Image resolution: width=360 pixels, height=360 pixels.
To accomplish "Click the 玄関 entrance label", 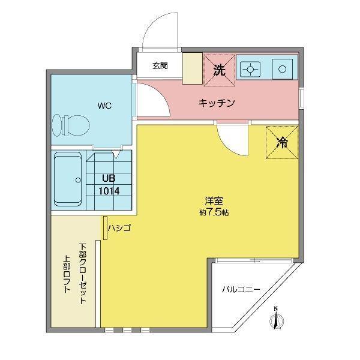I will tap(159, 65).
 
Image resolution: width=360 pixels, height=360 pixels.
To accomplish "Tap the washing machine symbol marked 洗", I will tap(218, 69).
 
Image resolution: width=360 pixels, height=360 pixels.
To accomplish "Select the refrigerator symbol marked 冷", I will tap(281, 142).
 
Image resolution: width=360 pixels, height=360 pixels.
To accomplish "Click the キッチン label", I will tap(216, 103).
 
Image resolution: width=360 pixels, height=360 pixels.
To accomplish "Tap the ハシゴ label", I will tap(119, 227).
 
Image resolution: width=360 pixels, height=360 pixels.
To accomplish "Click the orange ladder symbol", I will tap(106, 229).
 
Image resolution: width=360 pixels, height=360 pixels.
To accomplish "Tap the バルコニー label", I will tap(241, 289).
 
